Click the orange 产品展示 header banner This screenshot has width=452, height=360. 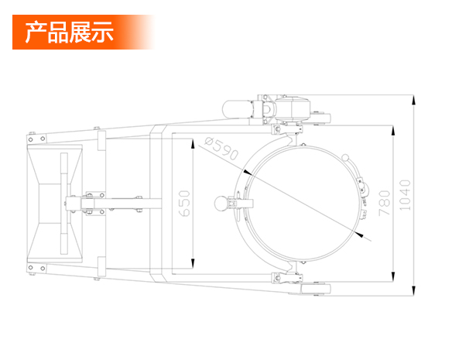[x=84, y=32]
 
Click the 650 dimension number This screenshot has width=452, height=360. [x=184, y=204]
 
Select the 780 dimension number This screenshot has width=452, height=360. [x=384, y=203]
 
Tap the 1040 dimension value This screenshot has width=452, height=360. [x=405, y=195]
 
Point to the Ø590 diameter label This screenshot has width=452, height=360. [x=221, y=149]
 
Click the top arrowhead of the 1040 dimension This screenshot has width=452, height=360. [x=413, y=100]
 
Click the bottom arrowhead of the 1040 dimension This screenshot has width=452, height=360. [x=413, y=290]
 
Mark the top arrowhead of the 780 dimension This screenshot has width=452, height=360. [x=393, y=131]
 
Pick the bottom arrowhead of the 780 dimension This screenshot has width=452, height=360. [x=393, y=276]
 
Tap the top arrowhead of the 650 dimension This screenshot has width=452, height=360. [x=193, y=144]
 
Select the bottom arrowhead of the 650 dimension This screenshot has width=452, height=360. [x=193, y=263]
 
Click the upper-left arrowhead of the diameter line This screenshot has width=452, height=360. [x=248, y=172]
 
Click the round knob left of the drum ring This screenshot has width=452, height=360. [x=221, y=204]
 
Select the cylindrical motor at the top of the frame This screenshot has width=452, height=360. [x=237, y=108]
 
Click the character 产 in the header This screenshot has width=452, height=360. [x=36, y=32]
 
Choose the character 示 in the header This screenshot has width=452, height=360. [x=102, y=32]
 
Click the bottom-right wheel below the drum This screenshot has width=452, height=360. [x=315, y=289]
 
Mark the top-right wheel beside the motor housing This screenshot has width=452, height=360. [x=320, y=118]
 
